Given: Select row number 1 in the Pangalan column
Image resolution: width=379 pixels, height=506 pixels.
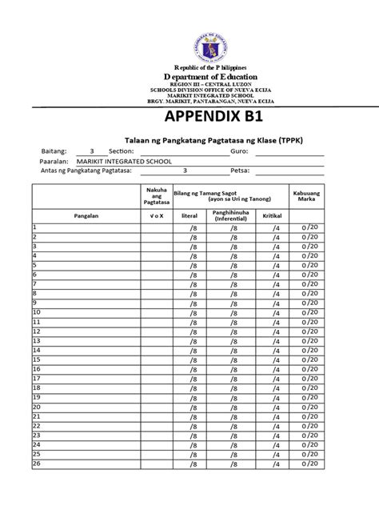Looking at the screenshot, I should pyautogui.click(x=35, y=226).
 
